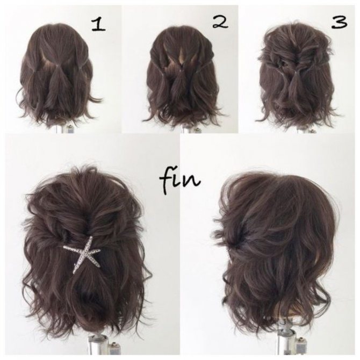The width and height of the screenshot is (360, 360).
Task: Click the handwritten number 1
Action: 98,25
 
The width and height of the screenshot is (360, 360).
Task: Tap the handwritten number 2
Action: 220,22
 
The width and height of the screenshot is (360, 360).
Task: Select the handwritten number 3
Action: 339,22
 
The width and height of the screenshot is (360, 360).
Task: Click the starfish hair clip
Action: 82,255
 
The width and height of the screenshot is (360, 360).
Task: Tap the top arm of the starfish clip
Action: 89,243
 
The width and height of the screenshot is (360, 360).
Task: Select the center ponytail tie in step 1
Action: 56,67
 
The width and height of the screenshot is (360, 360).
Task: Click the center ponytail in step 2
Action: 178,78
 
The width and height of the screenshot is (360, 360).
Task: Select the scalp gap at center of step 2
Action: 182,57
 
